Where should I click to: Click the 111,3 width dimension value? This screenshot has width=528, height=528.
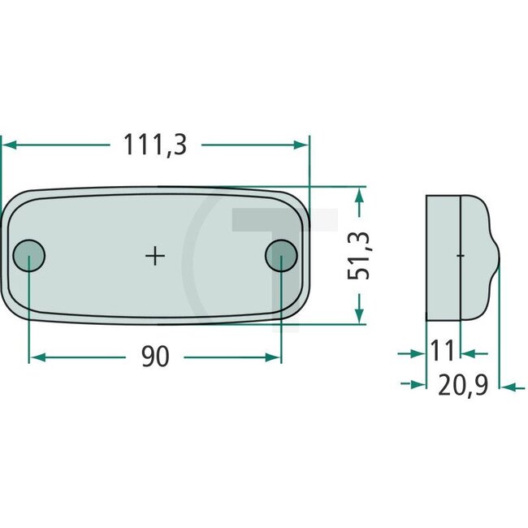[x=155, y=145]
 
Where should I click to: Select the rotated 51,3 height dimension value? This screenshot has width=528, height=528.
[x=360, y=254]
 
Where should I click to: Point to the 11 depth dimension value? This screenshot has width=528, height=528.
[x=442, y=352]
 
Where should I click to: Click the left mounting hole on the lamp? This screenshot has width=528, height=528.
[x=30, y=256]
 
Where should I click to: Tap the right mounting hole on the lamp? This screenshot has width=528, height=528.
[x=280, y=256]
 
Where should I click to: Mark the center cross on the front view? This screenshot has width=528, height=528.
[x=155, y=257]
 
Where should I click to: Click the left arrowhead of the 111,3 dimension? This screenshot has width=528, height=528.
[x=8, y=145]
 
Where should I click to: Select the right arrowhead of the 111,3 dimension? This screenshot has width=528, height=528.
[x=303, y=145]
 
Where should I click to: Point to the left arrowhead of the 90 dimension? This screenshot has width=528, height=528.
[x=36, y=357]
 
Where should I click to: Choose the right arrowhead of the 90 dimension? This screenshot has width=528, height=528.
[x=274, y=357]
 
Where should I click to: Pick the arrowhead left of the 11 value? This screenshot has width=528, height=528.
[x=419, y=353]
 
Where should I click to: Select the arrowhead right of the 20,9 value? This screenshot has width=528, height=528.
[x=509, y=387]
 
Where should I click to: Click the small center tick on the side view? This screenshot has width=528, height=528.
[x=461, y=256]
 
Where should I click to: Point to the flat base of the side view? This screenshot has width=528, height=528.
[x=444, y=256]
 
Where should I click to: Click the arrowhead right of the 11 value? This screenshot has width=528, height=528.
[x=469, y=353]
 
